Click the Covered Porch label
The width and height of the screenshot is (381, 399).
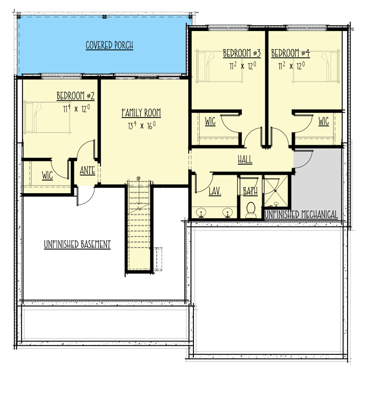(x=110, y=45)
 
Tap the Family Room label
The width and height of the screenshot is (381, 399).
(x=141, y=113)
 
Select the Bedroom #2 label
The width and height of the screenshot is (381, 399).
(x=76, y=96)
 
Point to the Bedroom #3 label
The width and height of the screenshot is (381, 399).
(x=242, y=53)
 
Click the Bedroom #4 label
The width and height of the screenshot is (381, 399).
(x=291, y=53)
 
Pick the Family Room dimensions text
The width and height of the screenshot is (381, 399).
(x=141, y=125)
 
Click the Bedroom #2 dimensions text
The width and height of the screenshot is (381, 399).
(x=76, y=109)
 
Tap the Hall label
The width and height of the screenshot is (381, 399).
(x=245, y=160)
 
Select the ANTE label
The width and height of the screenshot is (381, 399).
(x=88, y=170)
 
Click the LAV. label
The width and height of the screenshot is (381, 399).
(x=215, y=191)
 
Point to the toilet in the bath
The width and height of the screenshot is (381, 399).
(x=251, y=210)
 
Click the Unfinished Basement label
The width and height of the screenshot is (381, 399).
(x=77, y=244)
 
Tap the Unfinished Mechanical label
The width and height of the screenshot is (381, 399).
(x=301, y=215)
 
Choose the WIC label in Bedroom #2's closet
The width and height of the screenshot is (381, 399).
(x=47, y=175)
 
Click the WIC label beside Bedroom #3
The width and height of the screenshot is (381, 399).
(x=210, y=121)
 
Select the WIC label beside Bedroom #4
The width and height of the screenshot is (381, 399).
(x=323, y=121)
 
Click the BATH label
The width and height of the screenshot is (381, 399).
(x=250, y=191)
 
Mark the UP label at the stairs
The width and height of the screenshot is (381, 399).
(x=139, y=179)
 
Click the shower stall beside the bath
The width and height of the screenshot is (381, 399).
(x=276, y=190)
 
